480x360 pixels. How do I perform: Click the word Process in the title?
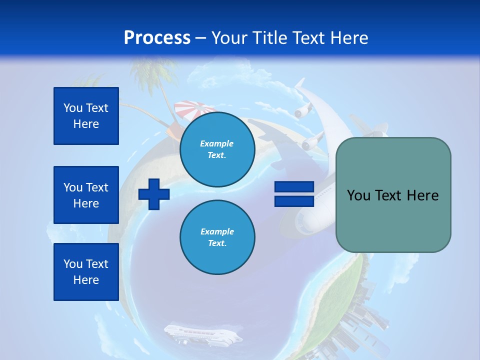(157, 38)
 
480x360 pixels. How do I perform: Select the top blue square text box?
(86, 116)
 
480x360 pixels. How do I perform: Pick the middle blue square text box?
(86, 195)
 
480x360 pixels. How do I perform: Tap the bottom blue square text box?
(86, 272)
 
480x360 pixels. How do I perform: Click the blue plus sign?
(154, 193)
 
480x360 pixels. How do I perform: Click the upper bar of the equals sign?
(294, 187)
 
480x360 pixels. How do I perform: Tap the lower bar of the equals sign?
(294, 201)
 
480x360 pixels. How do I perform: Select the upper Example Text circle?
(217, 149)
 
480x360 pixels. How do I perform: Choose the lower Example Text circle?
(217, 237)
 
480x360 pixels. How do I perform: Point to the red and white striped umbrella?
(194, 108)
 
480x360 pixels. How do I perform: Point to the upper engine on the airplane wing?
(303, 111)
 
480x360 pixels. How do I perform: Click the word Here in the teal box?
(422, 195)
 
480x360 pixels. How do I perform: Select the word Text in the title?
(310, 38)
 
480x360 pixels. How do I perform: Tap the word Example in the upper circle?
(217, 143)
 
